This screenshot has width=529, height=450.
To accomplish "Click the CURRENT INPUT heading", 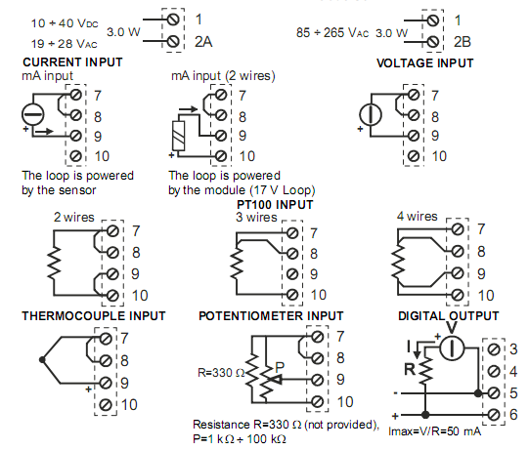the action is [x=72, y=62].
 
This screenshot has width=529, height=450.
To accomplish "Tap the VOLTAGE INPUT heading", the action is [x=425, y=63].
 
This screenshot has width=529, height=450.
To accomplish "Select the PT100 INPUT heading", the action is [x=275, y=205].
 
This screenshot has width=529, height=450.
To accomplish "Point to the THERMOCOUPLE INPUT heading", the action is [x=94, y=316].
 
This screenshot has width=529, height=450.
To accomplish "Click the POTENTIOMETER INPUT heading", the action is [x=271, y=316].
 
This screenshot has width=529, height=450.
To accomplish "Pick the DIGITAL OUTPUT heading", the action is [x=449, y=316].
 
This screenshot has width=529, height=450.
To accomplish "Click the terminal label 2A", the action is [x=203, y=42].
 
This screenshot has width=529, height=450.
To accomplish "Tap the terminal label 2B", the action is [x=463, y=42].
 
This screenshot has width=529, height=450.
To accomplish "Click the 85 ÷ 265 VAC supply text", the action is [x=332, y=32].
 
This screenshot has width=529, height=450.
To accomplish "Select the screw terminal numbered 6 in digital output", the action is [x=494, y=414].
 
